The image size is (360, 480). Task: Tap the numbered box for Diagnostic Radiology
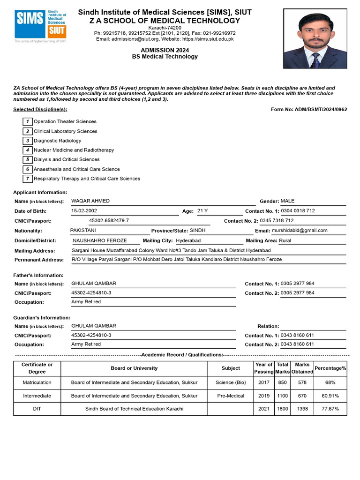click(x=28, y=141)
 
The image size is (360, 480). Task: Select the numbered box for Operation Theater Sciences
click(x=28, y=121)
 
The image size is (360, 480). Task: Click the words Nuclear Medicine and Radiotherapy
click(x=74, y=150)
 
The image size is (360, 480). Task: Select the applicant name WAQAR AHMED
click(x=90, y=201)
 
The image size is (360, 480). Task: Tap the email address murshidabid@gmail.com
click(x=300, y=230)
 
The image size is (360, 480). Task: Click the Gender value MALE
click(x=288, y=201)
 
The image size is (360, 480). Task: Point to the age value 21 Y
click(x=202, y=211)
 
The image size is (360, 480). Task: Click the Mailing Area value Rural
click(x=285, y=240)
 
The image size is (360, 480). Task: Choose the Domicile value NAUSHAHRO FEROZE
click(x=100, y=240)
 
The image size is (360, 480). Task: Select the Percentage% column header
click(x=330, y=368)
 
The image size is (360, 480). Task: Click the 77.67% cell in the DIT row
click(x=330, y=409)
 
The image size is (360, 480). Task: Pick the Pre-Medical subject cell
click(x=231, y=396)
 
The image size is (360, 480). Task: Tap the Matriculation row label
click(x=37, y=382)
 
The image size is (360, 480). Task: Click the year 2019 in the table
click(x=264, y=396)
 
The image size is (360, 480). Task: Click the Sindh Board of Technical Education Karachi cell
click(x=134, y=409)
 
